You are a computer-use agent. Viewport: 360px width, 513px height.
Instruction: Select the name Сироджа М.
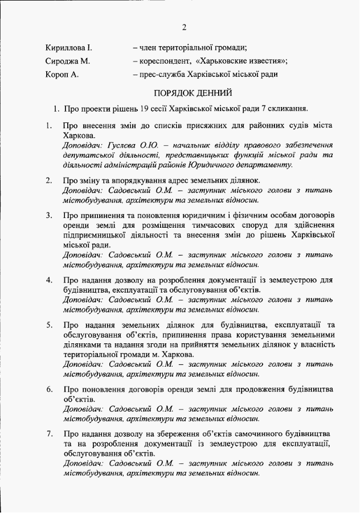click(x=66, y=61)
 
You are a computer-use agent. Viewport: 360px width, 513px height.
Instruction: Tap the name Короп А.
click(x=62, y=75)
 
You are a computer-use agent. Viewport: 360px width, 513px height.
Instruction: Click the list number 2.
click(x=49, y=181)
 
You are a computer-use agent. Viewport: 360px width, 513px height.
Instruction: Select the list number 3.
click(x=49, y=216)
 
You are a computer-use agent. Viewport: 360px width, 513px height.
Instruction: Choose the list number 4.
click(x=49, y=280)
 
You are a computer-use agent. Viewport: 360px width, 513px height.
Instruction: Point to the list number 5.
click(x=49, y=325)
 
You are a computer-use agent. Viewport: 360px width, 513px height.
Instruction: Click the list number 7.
click(x=49, y=434)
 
